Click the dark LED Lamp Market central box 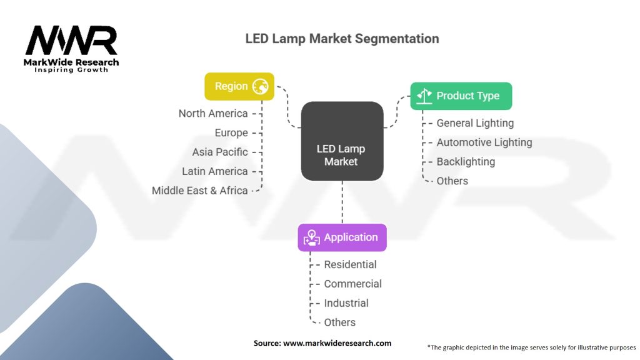(342, 141)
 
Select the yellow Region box (239, 86)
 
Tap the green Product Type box (461, 96)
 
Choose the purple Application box (342, 237)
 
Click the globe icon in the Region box (260, 86)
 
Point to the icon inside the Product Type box (424, 96)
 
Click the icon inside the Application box (311, 238)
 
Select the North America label (213, 114)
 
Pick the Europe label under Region (231, 133)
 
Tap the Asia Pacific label (220, 152)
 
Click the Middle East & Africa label (199, 191)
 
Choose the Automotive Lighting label (484, 142)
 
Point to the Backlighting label (466, 162)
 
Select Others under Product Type (452, 181)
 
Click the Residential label (350, 264)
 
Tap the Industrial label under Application (346, 303)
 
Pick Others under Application (339, 322)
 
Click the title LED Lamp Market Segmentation (342, 39)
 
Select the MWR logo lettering (71, 40)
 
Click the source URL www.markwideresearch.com (337, 343)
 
